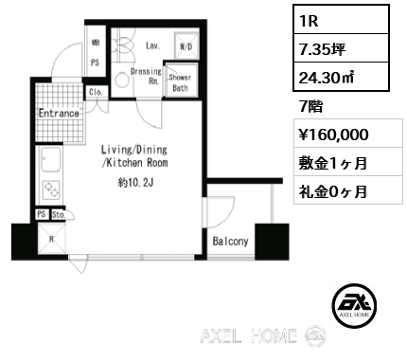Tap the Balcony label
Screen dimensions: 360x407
(230, 242)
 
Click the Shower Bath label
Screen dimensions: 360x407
(181, 83)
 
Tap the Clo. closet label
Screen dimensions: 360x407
(96, 93)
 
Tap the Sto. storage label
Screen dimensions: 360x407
(57, 216)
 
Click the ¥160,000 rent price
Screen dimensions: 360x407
(326, 134)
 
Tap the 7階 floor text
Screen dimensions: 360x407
(309, 105)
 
